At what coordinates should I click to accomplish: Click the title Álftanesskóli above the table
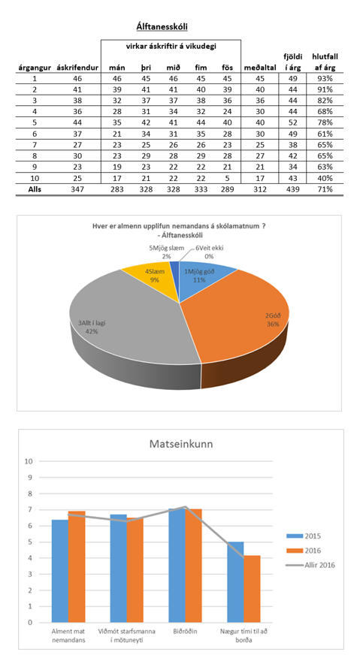[x=162, y=27]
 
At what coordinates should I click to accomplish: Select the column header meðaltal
[x=260, y=68]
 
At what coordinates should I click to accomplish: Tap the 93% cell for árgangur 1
[x=325, y=79]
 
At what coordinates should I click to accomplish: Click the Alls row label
[x=35, y=190]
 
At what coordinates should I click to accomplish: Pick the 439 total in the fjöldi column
[x=293, y=190]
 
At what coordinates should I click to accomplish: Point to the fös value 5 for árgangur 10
[x=228, y=178]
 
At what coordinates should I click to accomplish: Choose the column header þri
[x=147, y=68]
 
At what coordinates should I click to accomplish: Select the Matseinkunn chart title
[x=181, y=444]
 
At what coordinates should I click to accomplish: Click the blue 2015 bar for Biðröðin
[x=177, y=566]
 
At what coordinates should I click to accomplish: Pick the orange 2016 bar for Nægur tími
[x=252, y=589]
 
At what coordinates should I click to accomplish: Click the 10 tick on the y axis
[x=29, y=461]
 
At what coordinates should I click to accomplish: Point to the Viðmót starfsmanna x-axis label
[x=126, y=635]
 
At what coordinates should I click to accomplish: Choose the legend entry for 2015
[x=304, y=536]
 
